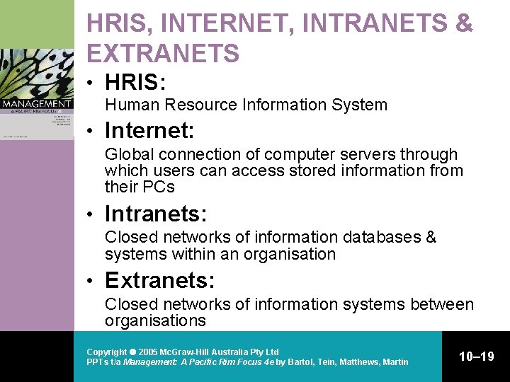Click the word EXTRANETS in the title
[x=163, y=53]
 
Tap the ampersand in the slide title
[x=465, y=23]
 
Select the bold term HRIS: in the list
[x=135, y=83]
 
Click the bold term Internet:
[x=149, y=131]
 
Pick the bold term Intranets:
[x=154, y=214]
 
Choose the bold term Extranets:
[x=159, y=281]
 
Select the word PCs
[x=159, y=187]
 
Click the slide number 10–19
[x=477, y=357]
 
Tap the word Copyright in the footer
[x=106, y=352]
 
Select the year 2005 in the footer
[x=148, y=352]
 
